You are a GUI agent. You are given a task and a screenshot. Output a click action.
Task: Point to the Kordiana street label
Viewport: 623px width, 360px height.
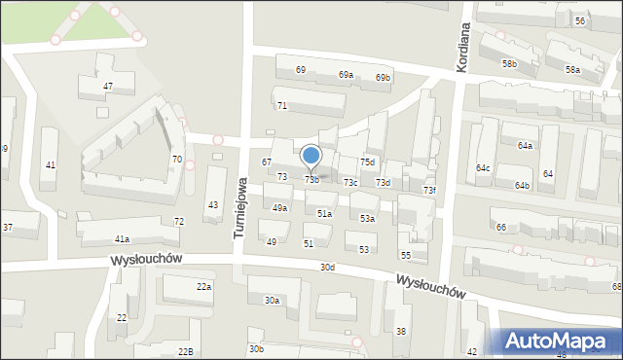pos(463,46)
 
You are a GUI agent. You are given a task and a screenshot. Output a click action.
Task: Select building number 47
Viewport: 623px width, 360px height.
pos(108,87)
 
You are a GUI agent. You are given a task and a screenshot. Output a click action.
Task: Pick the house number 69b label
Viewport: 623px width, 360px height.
pos(384,77)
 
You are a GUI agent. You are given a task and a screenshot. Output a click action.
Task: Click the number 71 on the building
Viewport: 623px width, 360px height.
pos(281,105)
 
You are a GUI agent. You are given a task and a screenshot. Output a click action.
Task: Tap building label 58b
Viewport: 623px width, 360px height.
pos(509,63)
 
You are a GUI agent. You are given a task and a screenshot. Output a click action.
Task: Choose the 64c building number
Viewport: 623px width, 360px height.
pos(483,167)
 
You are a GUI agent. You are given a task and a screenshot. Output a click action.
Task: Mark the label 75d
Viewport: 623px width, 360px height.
pos(367,162)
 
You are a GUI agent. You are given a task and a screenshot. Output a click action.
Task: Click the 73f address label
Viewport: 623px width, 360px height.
pos(429,190)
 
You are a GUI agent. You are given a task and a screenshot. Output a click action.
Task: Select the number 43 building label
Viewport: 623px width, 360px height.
pos(212,204)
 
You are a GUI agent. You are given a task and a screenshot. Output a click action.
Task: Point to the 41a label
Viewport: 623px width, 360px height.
pos(122,238)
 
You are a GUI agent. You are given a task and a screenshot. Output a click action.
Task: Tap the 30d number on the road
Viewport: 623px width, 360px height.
pos(327,267)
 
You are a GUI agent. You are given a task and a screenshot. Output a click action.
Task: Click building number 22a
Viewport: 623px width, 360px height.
pos(203,286)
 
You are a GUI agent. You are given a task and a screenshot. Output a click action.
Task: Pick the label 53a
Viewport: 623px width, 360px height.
pos(366,219)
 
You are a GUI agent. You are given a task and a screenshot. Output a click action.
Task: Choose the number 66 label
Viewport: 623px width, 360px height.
pos(500,227)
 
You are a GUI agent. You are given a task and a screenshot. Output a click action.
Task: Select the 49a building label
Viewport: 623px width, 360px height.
pos(279,208)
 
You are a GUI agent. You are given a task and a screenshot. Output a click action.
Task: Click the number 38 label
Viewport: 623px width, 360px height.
pos(400,332)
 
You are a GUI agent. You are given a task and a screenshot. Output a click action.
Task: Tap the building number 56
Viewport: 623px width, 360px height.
pos(580,20)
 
